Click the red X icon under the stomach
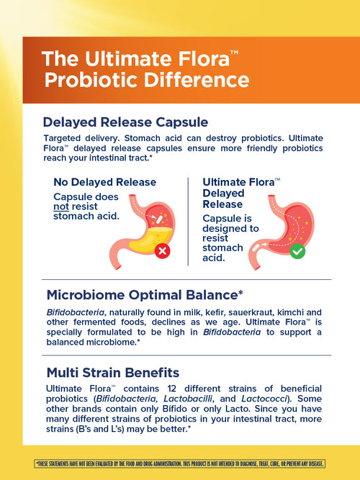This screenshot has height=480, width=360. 163,251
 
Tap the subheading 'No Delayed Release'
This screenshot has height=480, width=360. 105,182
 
